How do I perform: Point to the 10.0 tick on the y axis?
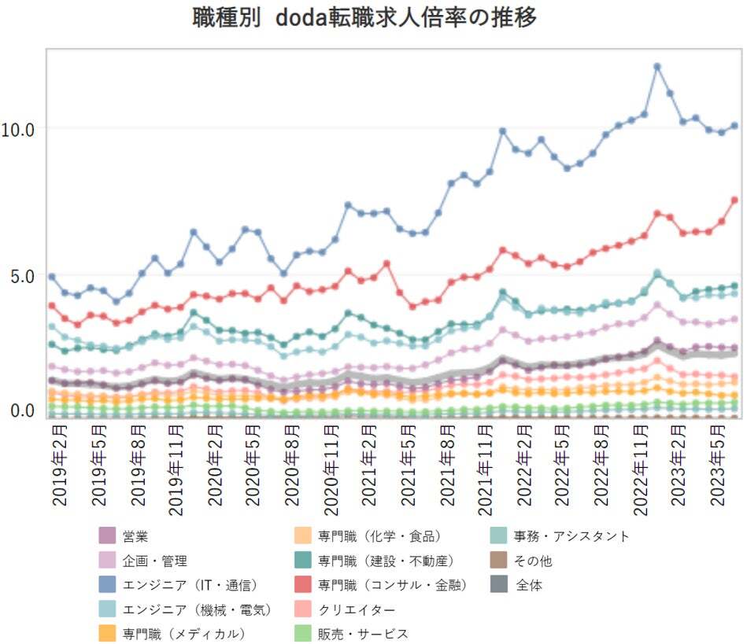18,129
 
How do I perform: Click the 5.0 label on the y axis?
18,276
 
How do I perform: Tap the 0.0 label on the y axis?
18,410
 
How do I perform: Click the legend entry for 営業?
135,537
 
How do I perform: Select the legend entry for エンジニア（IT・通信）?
189,585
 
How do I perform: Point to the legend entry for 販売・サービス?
363,634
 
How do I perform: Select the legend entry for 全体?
529,585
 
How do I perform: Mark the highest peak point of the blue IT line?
656,67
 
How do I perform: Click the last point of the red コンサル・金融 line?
734,200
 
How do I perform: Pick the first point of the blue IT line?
52,277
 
